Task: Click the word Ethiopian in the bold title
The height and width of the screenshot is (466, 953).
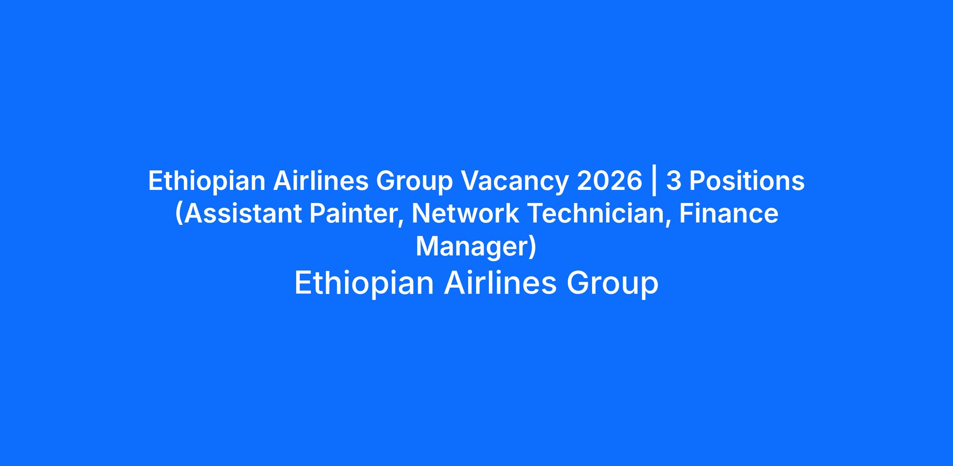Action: coord(206,181)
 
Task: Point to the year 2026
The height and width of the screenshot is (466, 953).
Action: coord(610,181)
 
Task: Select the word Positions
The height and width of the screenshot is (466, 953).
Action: coord(747,181)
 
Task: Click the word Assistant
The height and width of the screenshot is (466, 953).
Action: coord(242,213)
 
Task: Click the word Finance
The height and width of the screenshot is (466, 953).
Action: coord(729,213)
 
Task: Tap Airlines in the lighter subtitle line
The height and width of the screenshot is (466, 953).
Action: coord(500,283)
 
